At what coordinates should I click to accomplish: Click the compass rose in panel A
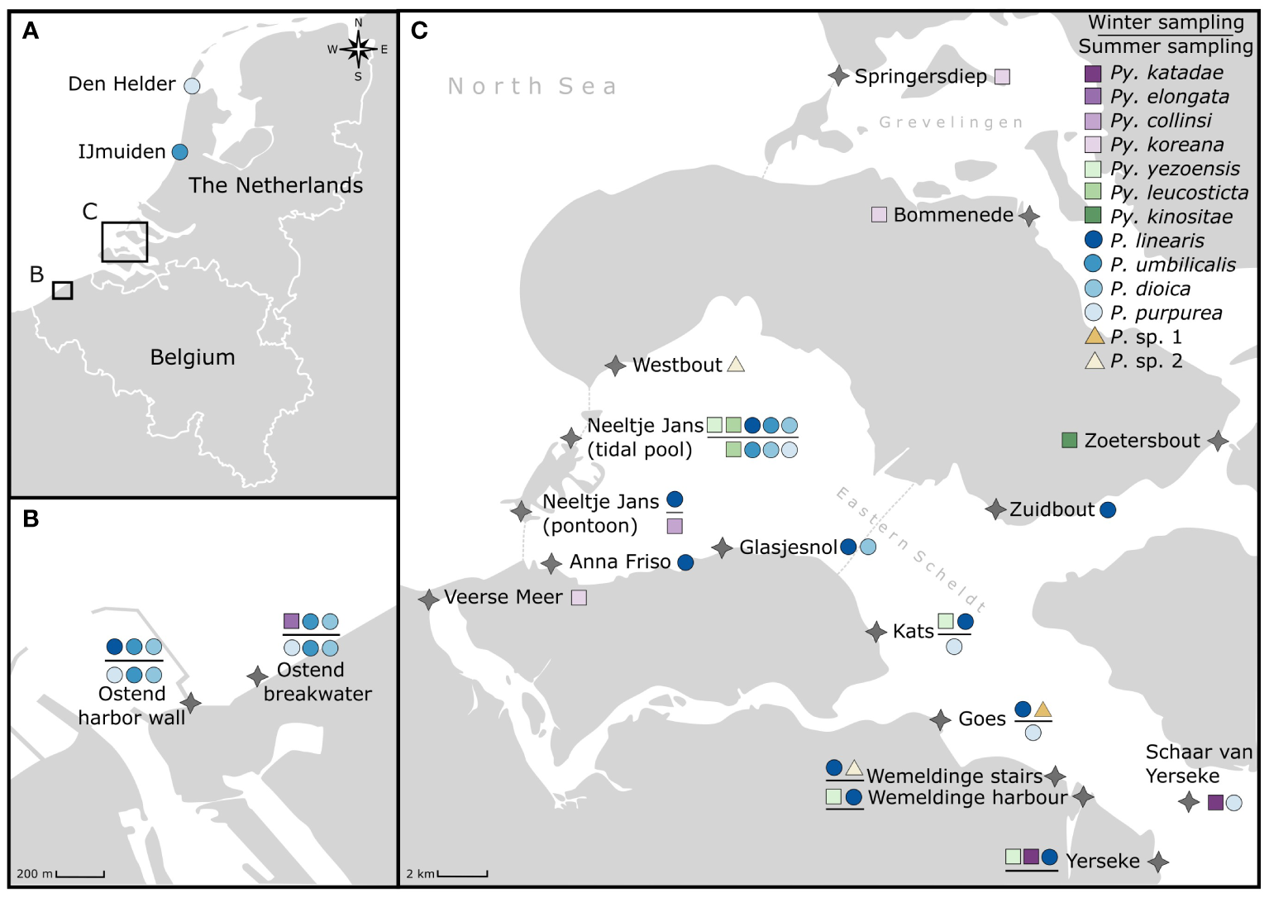[358, 50]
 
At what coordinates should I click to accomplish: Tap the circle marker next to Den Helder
[192, 86]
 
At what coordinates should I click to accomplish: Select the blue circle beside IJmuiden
[179, 152]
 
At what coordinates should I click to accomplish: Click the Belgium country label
[193, 357]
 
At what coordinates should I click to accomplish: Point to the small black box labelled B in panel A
[62, 290]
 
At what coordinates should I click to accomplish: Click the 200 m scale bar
[80, 874]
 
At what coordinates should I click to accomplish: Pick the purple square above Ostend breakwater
[291, 621]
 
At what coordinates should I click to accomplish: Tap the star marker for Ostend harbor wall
[191, 703]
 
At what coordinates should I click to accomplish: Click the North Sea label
[532, 86]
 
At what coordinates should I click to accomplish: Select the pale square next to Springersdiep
[1002, 77]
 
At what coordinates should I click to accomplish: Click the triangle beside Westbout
[735, 365]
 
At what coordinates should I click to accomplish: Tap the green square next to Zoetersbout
[1069, 440]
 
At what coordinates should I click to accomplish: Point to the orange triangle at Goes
[1042, 709]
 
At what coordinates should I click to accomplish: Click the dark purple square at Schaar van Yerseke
[1215, 802]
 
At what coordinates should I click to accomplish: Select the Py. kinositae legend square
[1093, 216]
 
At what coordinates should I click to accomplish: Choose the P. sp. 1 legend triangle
[1094, 336]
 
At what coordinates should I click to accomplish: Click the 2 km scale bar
[462, 874]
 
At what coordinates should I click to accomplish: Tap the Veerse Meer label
[503, 597]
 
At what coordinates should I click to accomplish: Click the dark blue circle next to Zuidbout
[1108, 510]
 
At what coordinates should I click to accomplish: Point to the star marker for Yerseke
[1158, 862]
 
